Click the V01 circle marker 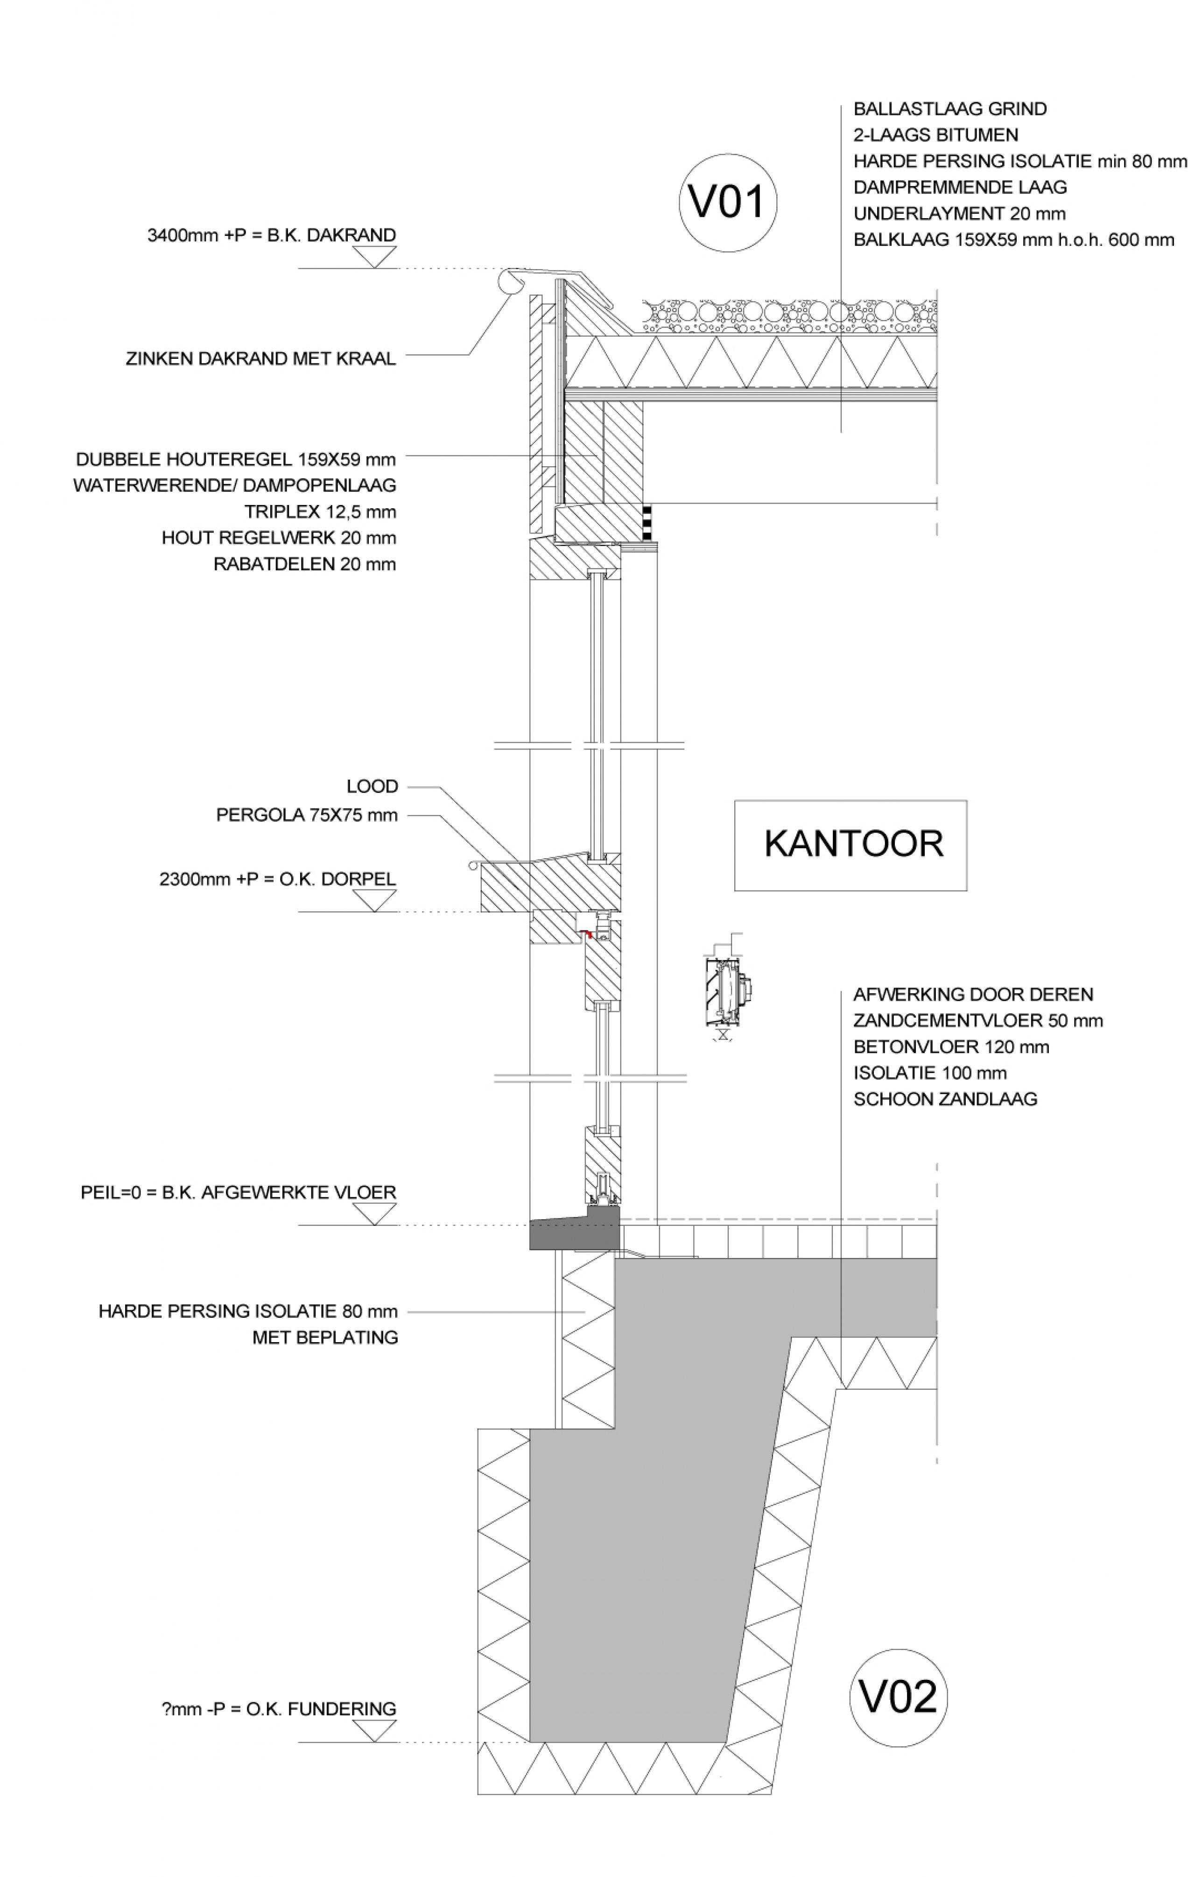pos(728,203)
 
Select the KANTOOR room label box pos(850,845)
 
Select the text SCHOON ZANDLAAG pos(945,1099)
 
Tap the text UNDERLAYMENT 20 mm pos(959,213)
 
